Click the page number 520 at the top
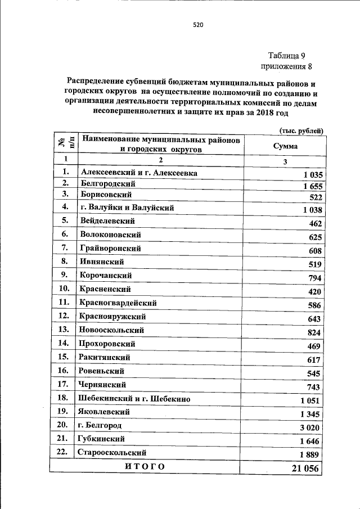point(197,25)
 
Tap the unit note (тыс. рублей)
point(301,130)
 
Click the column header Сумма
point(285,146)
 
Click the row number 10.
point(64,289)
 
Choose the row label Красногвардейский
point(118,303)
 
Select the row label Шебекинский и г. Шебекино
point(134,399)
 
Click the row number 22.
point(64,452)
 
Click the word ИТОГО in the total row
point(145,467)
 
